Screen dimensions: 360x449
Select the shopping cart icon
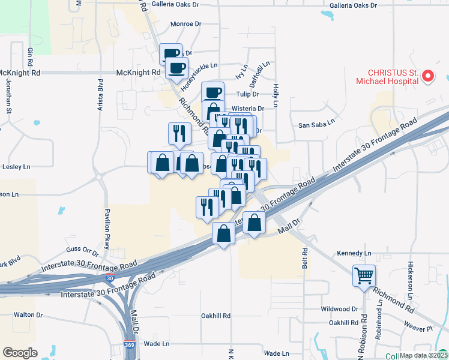[364, 275]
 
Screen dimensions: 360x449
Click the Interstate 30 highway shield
[109, 278]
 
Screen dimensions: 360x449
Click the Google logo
[20, 353]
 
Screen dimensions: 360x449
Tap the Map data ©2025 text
[423, 355]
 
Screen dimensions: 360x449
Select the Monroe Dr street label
[185, 25]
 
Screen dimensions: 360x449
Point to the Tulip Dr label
[247, 94]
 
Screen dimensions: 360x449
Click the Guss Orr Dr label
[82, 249]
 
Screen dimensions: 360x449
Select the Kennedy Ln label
[354, 253]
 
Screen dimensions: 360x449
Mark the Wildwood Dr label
[339, 309]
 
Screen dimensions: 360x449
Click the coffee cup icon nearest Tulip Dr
[213, 92]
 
